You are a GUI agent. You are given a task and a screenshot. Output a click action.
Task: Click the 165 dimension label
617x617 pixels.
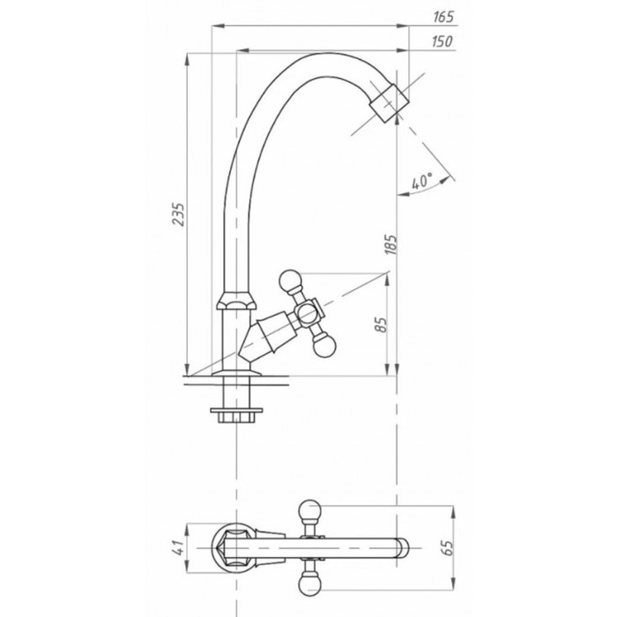pyautogui.click(x=443, y=17)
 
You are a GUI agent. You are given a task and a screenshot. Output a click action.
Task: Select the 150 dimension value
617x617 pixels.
pyautogui.click(x=442, y=41)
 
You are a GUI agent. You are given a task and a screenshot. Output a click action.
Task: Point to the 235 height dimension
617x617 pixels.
pyautogui.click(x=178, y=214)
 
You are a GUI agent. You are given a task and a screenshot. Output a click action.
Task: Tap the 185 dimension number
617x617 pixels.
pyautogui.click(x=390, y=245)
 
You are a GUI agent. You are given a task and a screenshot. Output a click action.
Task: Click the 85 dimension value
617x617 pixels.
pyautogui.click(x=381, y=324)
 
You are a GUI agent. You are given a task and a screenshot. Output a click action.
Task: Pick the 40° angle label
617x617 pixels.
pyautogui.click(x=421, y=182)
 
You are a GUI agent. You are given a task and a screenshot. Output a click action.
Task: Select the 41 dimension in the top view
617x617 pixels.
pyautogui.click(x=179, y=547)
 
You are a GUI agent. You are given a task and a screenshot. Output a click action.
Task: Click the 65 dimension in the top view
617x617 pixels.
pyautogui.click(x=448, y=547)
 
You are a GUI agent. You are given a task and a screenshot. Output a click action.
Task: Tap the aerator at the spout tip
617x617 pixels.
pyautogui.click(x=390, y=103)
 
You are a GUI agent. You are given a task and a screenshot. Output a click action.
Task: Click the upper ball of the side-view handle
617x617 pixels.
pyautogui.click(x=290, y=280)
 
